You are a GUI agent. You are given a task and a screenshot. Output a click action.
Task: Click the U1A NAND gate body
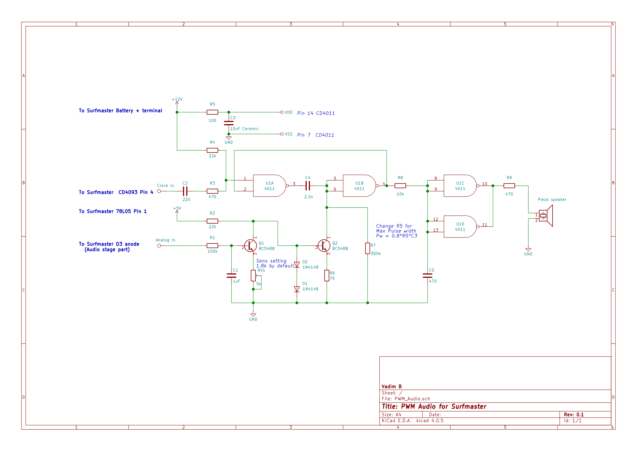point(269,185)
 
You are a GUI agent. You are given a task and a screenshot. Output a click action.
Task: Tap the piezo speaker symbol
point(546,215)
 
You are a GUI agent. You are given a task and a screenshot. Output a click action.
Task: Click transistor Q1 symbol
point(251,245)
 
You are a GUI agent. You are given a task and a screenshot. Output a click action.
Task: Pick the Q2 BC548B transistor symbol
point(324,245)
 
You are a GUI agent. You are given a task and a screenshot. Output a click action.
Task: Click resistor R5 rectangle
point(212,112)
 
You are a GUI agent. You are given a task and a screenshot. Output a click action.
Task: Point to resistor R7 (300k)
point(367,248)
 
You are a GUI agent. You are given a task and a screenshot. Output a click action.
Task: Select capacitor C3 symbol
point(228,123)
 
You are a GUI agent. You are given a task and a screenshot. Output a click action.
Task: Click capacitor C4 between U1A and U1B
point(307,185)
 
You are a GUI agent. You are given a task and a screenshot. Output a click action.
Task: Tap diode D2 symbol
point(297,265)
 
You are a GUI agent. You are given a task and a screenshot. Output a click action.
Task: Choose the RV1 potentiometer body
point(253,276)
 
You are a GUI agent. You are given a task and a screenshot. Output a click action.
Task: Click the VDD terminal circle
point(282,112)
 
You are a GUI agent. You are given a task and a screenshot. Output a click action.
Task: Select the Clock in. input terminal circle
point(159,191)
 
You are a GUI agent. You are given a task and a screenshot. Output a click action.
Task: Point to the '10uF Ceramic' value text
point(244,129)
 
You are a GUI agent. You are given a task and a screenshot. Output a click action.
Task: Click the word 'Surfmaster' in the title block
point(468,406)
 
